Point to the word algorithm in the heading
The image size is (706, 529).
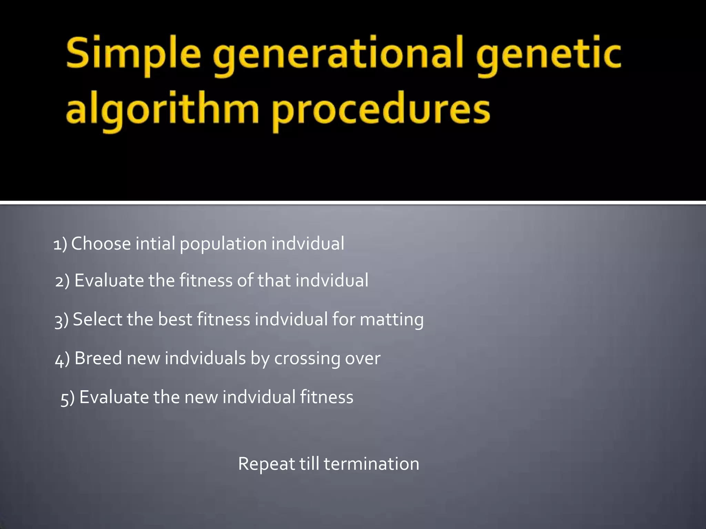pos(162,110)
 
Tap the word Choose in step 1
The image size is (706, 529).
pos(101,243)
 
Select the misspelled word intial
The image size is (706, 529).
pos(155,243)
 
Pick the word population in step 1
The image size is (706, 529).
pos(223,244)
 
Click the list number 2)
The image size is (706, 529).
pos(62,281)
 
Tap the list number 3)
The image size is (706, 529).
pos(62,320)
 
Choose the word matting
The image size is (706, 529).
pos(392,320)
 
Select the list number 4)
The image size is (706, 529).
pos(62,359)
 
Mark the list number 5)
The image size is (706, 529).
pos(68,398)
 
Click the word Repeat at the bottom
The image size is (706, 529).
pos(266,464)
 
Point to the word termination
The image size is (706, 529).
pos(371,464)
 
